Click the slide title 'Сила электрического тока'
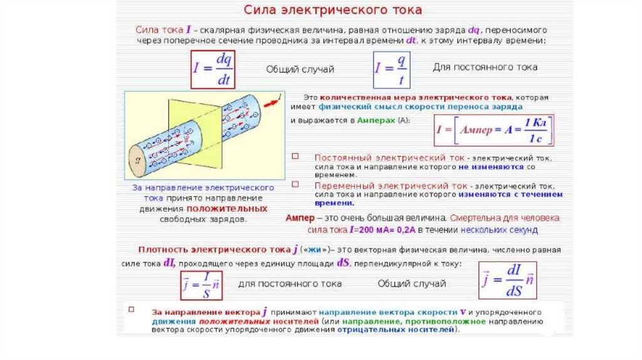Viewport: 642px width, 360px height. tap(332, 11)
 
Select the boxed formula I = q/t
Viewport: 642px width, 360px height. tap(391, 69)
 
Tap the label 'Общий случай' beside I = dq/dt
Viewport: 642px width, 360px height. tap(300, 69)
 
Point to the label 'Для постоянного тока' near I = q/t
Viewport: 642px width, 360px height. tap(485, 67)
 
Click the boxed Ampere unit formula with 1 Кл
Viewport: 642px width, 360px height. tap(495, 130)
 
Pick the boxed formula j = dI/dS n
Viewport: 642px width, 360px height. tap(507, 280)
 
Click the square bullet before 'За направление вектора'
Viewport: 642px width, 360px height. tap(132, 310)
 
